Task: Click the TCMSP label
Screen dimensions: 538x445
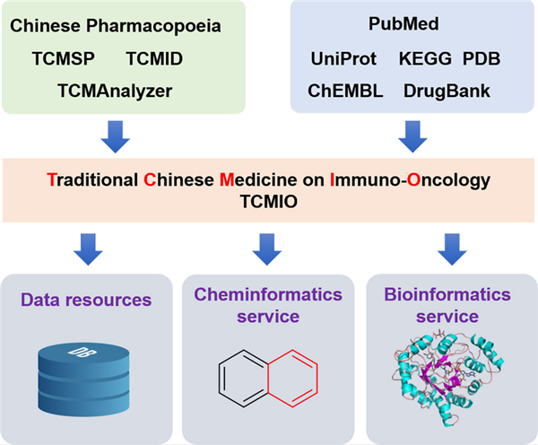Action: coord(64,58)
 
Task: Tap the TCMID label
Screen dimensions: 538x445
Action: coord(154,58)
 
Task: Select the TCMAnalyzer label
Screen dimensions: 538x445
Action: coord(115,92)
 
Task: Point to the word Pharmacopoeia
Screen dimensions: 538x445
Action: coord(153,26)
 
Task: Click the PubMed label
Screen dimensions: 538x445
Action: coord(403,23)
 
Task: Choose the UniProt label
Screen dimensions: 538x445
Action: coord(343,59)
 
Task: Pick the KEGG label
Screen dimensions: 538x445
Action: coord(425,58)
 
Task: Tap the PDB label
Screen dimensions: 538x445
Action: coord(482,58)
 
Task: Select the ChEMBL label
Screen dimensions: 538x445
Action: coord(345,91)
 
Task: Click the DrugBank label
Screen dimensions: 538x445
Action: coord(447,92)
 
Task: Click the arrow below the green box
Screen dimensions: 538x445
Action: coord(116,136)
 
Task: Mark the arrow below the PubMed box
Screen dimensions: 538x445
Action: coord(412,136)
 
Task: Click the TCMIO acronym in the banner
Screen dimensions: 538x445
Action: coord(269,202)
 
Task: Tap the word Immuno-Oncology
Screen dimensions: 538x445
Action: coord(410,180)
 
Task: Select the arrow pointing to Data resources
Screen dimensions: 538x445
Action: coord(88,249)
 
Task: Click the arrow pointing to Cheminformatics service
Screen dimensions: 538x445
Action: coord(267,249)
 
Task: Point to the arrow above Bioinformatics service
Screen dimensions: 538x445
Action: coord(452,249)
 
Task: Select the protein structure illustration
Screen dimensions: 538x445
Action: coord(447,378)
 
